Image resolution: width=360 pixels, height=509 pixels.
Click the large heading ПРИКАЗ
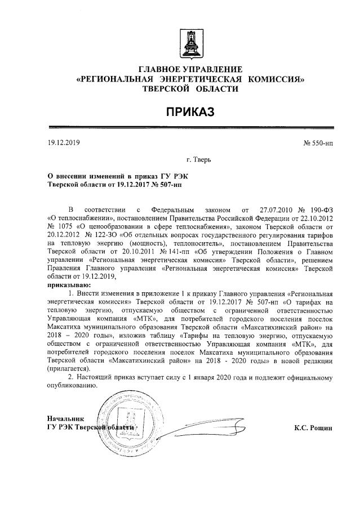190,112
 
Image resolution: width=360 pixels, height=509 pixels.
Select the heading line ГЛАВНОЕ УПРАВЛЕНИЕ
190,69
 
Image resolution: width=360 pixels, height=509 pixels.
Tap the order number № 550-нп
318,142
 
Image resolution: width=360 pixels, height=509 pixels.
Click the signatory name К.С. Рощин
313,428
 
